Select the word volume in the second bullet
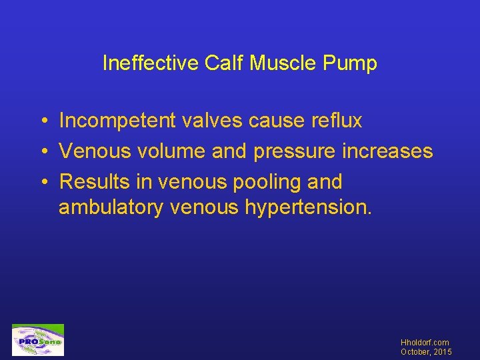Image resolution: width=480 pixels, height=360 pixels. point(172,151)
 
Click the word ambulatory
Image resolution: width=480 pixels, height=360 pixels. point(111,208)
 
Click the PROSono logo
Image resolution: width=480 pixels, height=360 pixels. point(38,340)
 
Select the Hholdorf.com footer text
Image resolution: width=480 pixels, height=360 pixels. point(425,342)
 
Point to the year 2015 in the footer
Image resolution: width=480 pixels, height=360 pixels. point(441,351)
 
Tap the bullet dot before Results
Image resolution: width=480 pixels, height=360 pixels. point(42,182)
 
